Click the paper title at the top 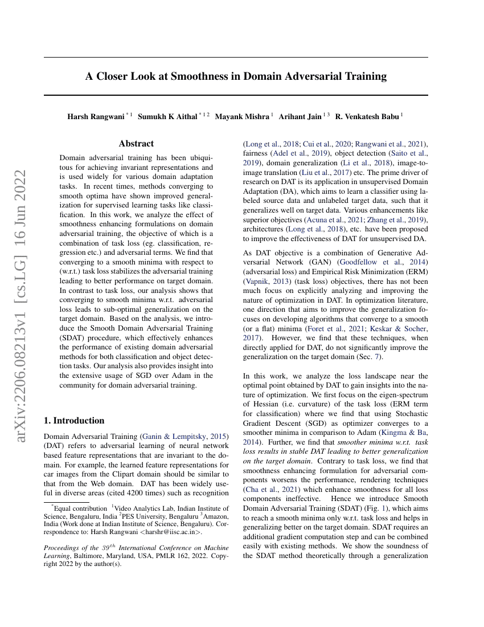pyautogui.click(x=236, y=76)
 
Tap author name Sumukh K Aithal pyautogui.click(x=168, y=116)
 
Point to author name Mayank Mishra pyautogui.click(x=242, y=116)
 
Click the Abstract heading pyautogui.click(x=136, y=144)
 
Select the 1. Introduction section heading pyautogui.click(x=74, y=421)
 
